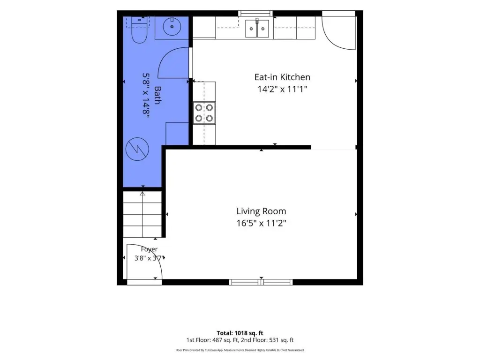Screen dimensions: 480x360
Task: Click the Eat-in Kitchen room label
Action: click(282, 77)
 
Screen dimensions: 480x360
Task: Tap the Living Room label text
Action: click(261, 211)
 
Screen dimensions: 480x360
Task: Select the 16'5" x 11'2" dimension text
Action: click(261, 223)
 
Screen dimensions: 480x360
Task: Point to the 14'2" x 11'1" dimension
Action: click(282, 89)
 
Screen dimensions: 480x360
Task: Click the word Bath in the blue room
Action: click(157, 95)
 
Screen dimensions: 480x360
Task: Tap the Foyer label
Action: click(149, 249)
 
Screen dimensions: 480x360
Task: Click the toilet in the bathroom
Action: click(139, 30)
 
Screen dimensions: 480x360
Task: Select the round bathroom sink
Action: click(172, 27)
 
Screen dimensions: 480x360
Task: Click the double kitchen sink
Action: click(257, 29)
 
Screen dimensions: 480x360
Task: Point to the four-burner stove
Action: click(204, 113)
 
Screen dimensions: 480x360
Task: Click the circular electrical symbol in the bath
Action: click(137, 150)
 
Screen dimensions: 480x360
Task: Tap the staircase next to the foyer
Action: click(142, 214)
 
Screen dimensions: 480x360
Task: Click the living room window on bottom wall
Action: click(261, 282)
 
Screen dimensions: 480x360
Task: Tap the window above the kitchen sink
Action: click(255, 13)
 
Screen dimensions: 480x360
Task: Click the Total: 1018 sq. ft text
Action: click(240, 333)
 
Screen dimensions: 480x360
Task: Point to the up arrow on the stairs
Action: click(142, 194)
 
